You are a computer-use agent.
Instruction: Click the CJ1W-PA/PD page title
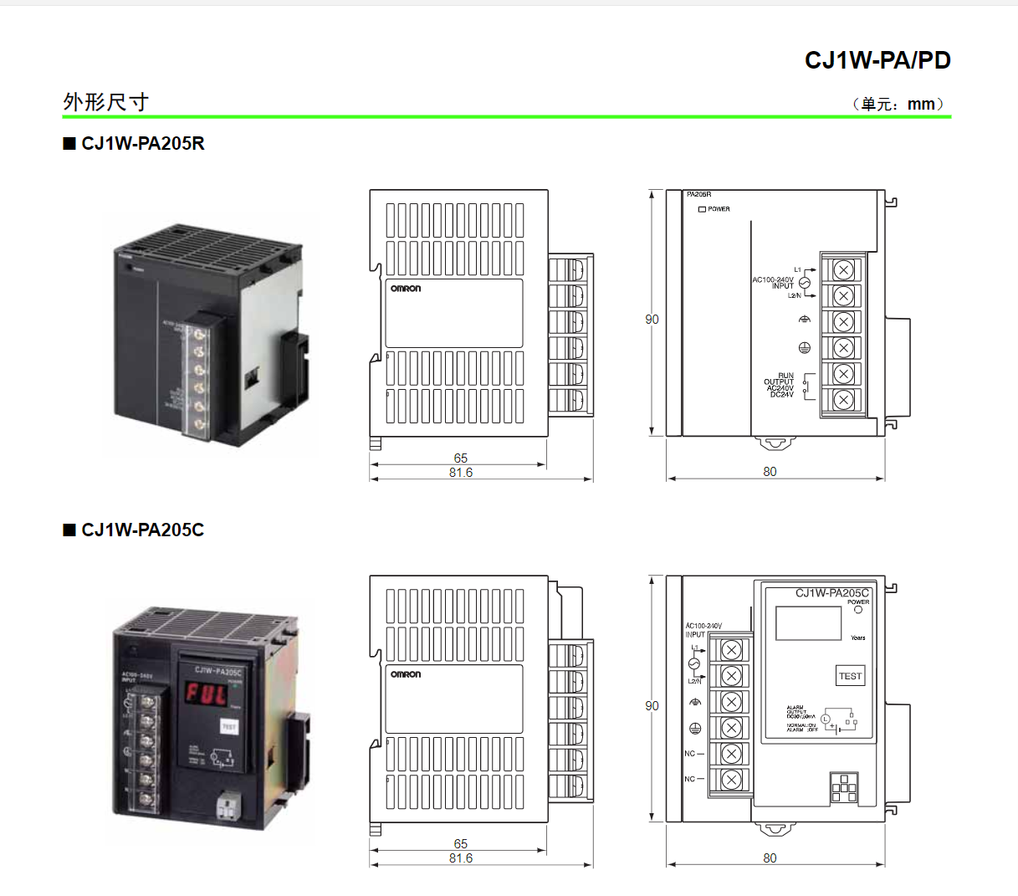877,60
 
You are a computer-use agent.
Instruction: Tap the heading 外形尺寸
105,102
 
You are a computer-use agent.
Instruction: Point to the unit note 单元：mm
898,105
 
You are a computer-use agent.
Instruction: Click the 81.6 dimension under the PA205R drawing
460,473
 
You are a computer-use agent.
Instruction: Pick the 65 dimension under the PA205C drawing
460,843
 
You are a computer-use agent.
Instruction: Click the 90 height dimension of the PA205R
652,320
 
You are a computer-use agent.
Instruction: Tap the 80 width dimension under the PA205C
770,858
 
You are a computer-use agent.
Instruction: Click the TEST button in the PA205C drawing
850,676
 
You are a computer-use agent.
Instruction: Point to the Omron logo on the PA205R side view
406,289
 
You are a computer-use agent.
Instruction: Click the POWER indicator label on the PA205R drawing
718,209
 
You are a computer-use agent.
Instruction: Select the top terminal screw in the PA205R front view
843,269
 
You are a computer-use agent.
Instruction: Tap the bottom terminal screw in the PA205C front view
731,779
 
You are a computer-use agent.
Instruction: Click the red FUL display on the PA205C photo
206,694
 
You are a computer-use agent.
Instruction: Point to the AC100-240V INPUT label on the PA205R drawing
774,283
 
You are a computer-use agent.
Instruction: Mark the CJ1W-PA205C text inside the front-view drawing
831,592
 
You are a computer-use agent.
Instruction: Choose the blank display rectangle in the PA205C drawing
808,623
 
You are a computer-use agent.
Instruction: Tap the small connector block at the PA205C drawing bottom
844,788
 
